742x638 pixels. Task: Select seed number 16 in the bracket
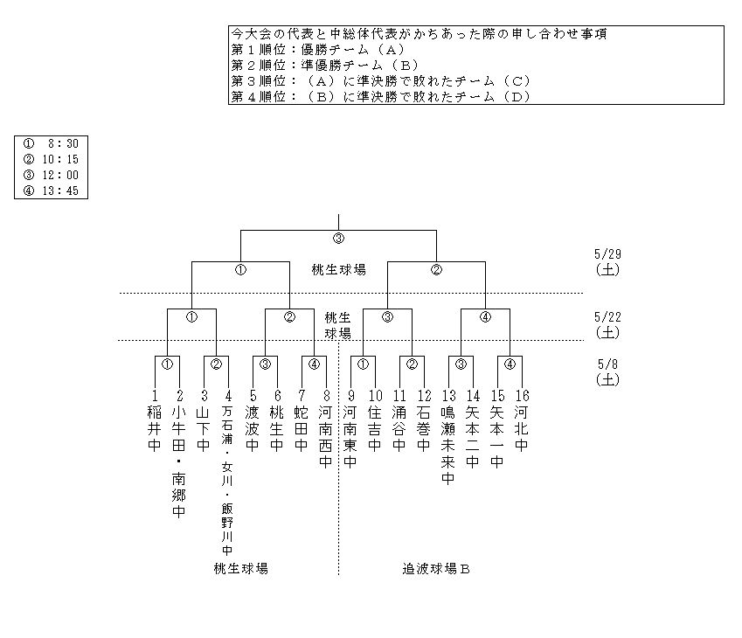[x=522, y=395]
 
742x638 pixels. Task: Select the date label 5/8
[x=606, y=364]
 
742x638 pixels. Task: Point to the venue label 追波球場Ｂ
[x=436, y=569]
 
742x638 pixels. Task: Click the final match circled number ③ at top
[x=338, y=238]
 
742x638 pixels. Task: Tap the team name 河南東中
[x=350, y=436]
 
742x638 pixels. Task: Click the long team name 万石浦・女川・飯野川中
[x=227, y=482]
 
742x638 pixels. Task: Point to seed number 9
[x=350, y=395]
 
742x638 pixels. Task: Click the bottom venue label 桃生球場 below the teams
[x=240, y=569]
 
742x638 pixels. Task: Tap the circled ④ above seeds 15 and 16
[x=510, y=364]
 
